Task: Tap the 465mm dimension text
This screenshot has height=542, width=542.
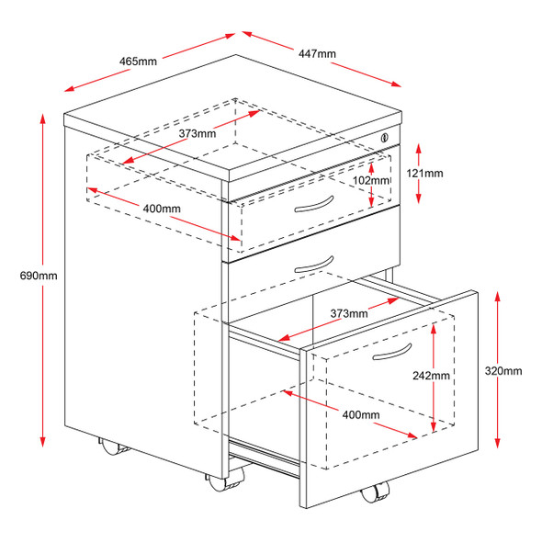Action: [x=138, y=61]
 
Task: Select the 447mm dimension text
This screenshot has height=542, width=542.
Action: [x=317, y=54]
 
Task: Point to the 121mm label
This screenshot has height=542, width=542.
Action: [x=425, y=173]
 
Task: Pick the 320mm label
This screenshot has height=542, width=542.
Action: [x=504, y=371]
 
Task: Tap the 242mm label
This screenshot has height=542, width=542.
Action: [x=432, y=376]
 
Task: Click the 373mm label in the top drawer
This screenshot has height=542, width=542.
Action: [x=198, y=133]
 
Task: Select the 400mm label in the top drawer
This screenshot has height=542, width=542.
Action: [x=162, y=209]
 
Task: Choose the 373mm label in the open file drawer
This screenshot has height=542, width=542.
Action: [x=349, y=313]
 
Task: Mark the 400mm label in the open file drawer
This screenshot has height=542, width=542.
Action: [x=361, y=415]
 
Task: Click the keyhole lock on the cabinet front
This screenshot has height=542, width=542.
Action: [x=383, y=138]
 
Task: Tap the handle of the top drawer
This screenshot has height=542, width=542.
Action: [x=312, y=203]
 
